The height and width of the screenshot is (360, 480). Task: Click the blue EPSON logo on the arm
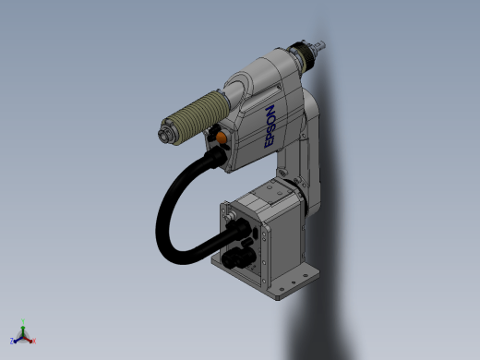point(270,126)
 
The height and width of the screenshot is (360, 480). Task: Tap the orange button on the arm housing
point(221,137)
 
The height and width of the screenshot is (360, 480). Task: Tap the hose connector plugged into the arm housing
point(218,157)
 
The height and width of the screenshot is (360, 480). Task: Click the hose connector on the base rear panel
point(239,228)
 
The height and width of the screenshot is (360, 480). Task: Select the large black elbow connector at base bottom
point(238,258)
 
